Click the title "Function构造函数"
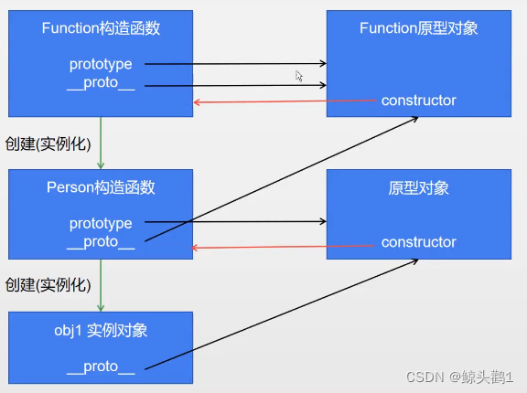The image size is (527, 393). pyautogui.click(x=101, y=28)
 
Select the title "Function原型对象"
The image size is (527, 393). pyautogui.click(x=418, y=28)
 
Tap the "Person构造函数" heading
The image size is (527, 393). pyautogui.click(x=101, y=187)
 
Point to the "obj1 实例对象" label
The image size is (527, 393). pyautogui.click(x=101, y=331)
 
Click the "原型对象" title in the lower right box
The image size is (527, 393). pyautogui.click(x=418, y=187)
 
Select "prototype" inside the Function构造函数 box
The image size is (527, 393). pyautogui.click(x=101, y=64)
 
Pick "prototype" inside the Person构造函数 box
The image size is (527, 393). pyautogui.click(x=101, y=223)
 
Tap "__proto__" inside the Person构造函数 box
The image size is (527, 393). pyautogui.click(x=101, y=242)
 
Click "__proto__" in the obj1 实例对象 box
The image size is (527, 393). pyautogui.click(x=101, y=366)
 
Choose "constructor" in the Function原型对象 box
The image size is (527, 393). pyautogui.click(x=418, y=101)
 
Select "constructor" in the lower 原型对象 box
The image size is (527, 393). pyautogui.click(x=418, y=242)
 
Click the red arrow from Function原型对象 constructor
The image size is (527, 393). pyautogui.click(x=284, y=101)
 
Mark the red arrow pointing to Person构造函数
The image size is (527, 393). pyautogui.click(x=284, y=246)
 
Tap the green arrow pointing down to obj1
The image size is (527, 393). pyautogui.click(x=101, y=286)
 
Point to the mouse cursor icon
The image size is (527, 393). pyautogui.click(x=299, y=77)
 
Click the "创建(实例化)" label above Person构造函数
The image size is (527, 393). pyautogui.click(x=48, y=143)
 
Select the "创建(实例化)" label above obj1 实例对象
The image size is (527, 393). pyautogui.click(x=48, y=284)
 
